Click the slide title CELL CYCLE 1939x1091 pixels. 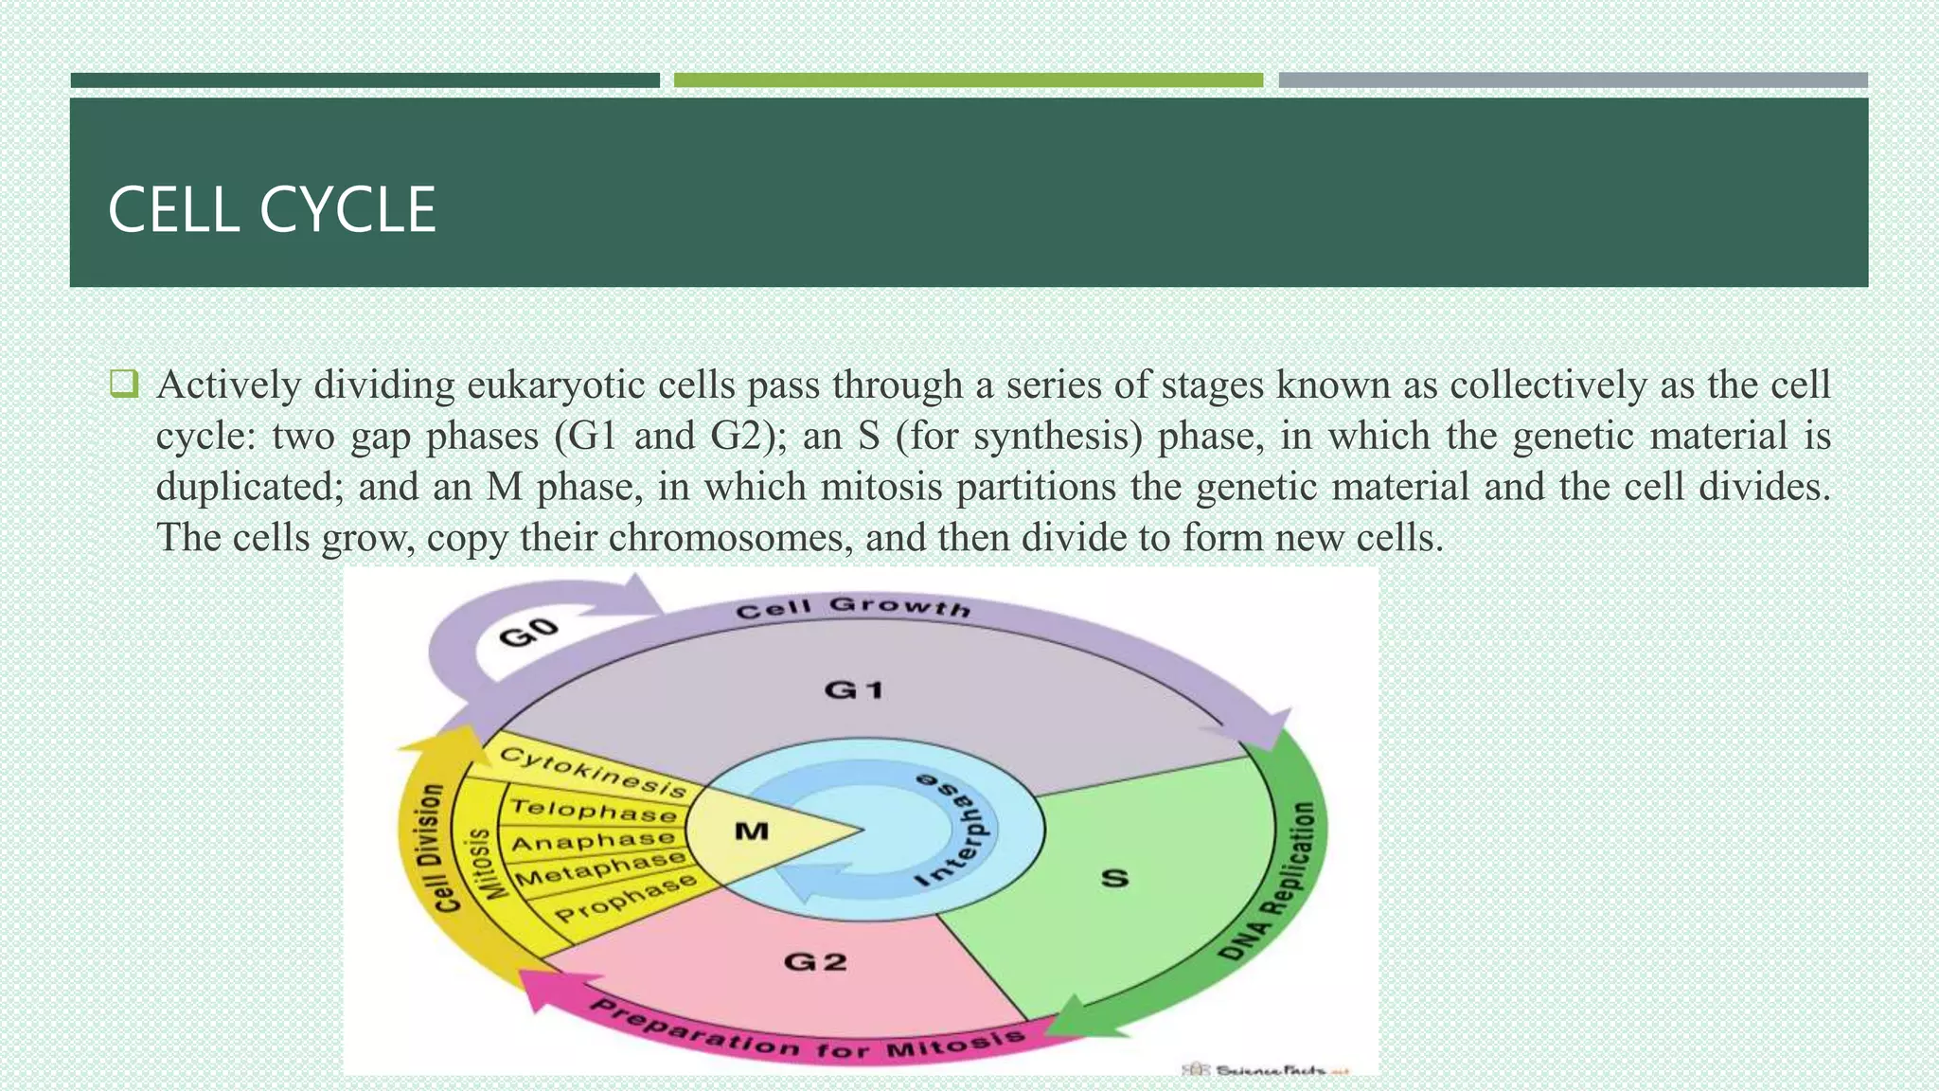tap(272, 209)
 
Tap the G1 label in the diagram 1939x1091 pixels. tap(854, 689)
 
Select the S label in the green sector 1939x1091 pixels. tap(1115, 878)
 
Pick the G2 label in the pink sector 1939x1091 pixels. tap(815, 962)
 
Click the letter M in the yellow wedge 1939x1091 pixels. tap(752, 832)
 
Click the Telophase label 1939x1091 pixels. tap(594, 811)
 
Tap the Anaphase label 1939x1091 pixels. tap(594, 841)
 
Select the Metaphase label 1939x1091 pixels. tap(600, 868)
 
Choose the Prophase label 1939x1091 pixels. tap(625, 899)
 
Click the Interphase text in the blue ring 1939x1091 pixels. tap(956, 830)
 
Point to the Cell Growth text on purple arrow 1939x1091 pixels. tap(853, 607)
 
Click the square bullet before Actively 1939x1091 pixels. tap(124, 385)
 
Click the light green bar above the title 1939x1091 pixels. tap(968, 80)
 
